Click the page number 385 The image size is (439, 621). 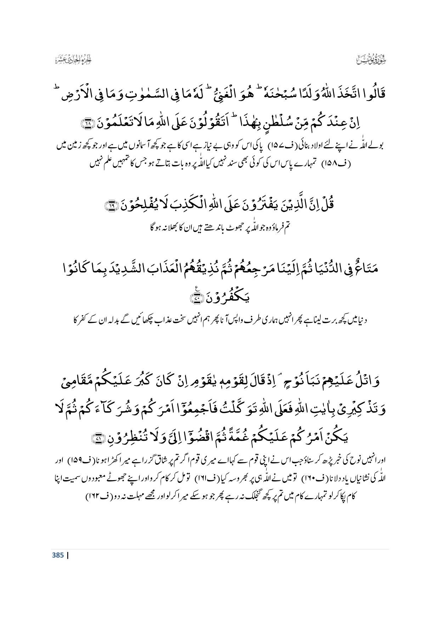[58, 555]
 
